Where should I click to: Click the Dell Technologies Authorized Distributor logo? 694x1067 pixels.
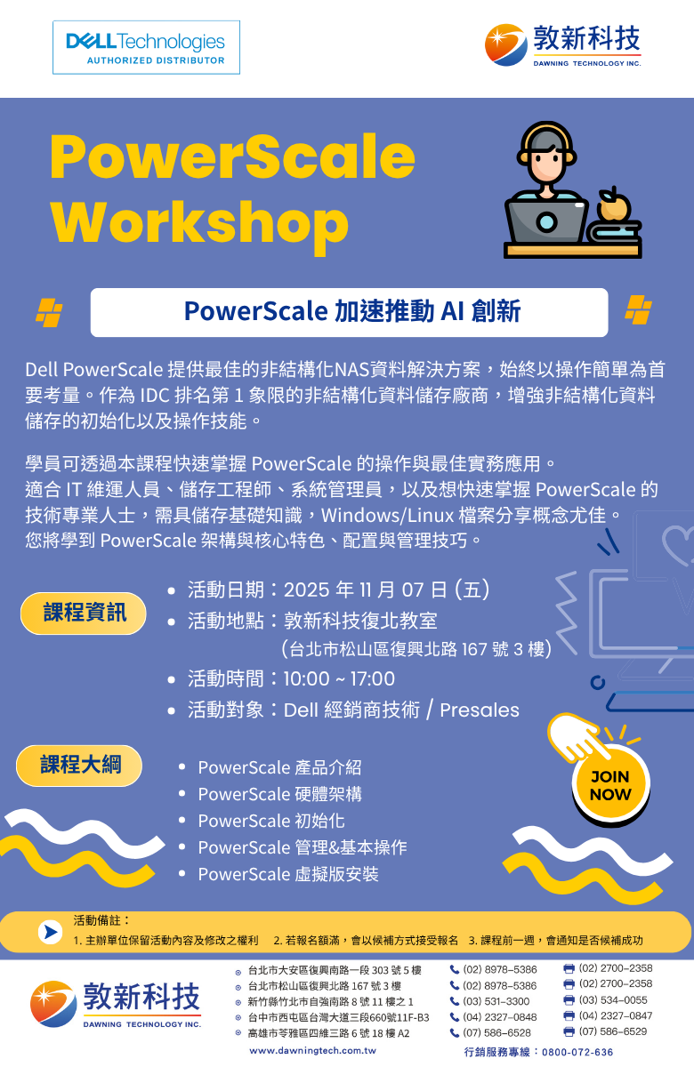tap(146, 47)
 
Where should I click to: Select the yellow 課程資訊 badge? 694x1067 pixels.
tap(84, 613)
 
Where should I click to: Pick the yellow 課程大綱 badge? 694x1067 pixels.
tap(79, 766)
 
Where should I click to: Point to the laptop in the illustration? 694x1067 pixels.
tap(546, 221)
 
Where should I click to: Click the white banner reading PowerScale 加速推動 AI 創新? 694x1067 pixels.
tap(350, 312)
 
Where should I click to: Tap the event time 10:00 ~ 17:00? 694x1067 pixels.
tap(339, 678)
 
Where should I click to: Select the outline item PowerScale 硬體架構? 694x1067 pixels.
tap(279, 794)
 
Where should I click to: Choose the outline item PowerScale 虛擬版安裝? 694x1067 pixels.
tap(288, 874)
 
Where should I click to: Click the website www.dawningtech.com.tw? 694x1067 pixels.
tap(312, 1050)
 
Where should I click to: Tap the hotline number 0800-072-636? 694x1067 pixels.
tap(577, 1052)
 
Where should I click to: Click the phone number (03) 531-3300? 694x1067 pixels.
tap(496, 1001)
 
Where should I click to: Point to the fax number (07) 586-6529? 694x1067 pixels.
tap(613, 1031)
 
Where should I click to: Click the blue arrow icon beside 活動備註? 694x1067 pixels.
tap(51, 932)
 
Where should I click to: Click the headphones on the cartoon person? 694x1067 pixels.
tap(546, 143)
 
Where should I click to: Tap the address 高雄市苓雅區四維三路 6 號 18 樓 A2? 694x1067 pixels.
tap(328, 1033)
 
